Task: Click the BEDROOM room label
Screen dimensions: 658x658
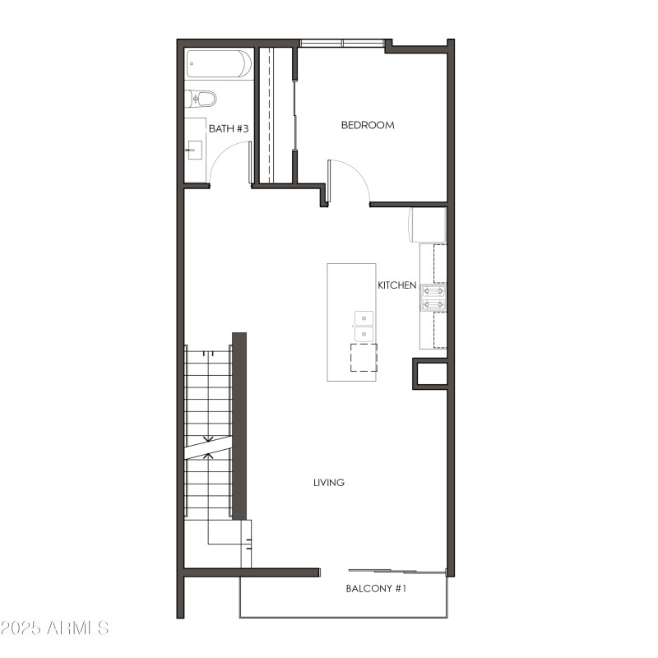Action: click(x=368, y=125)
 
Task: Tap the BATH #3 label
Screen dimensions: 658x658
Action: click(x=228, y=128)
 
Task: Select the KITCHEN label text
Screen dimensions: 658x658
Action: click(x=396, y=285)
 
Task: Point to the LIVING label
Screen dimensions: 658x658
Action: click(x=328, y=483)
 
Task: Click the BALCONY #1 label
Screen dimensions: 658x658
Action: click(x=376, y=589)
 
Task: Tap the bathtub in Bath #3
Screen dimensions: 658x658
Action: click(x=218, y=64)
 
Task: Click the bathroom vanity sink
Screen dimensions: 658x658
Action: click(x=195, y=149)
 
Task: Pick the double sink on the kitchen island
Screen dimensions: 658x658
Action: click(x=363, y=327)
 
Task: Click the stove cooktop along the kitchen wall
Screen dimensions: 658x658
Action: click(x=433, y=297)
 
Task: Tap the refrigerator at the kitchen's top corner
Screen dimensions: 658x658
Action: click(x=428, y=225)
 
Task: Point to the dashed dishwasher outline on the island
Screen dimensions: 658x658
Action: click(x=363, y=358)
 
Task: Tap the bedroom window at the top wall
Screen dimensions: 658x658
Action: click(x=341, y=43)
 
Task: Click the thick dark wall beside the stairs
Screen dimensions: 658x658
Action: click(x=239, y=425)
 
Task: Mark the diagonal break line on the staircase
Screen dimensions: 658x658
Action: click(x=208, y=447)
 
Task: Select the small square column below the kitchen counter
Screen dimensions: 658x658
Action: click(x=430, y=374)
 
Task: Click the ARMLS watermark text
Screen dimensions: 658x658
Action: click(x=55, y=628)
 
